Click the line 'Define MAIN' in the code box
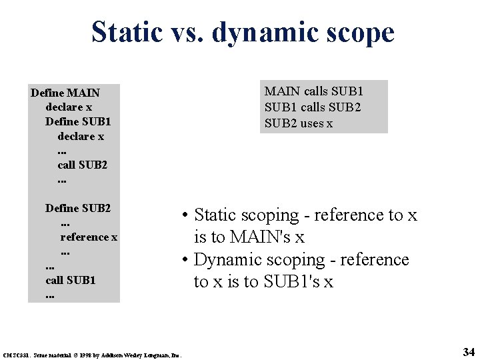[x=65, y=92]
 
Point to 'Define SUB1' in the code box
[x=78, y=121]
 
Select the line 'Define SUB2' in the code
[x=78, y=208]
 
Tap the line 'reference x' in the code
[x=89, y=237]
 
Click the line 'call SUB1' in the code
[x=71, y=279]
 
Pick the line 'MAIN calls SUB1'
[x=314, y=91]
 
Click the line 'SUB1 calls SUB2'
[x=313, y=107]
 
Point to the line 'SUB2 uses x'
[x=299, y=123]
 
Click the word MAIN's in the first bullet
[x=263, y=237]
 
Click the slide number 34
[x=468, y=351]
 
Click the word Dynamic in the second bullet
[x=231, y=260]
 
